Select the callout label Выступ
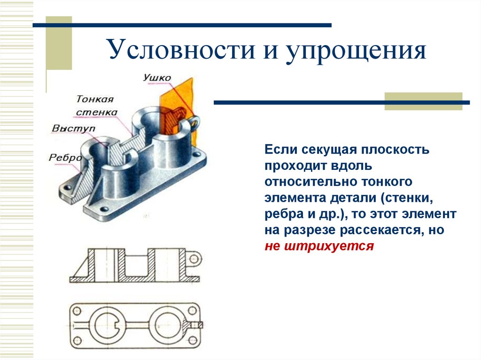click(x=74, y=128)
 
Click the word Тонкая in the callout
click(x=95, y=99)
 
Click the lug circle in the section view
click(x=195, y=258)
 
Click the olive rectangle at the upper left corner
click(x=59, y=43)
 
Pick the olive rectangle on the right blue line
click(x=423, y=101)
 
